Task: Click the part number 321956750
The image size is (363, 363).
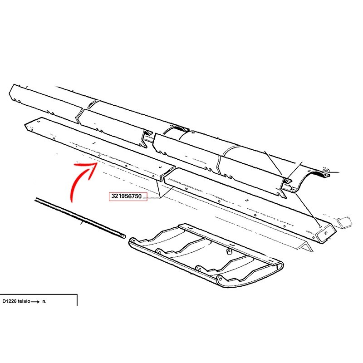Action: pos(127,196)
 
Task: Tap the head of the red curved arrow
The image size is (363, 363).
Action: pos(94,166)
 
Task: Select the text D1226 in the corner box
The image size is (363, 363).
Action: pos(10,301)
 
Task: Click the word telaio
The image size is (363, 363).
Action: pos(24,301)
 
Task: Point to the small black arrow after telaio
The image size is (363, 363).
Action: pos(35,302)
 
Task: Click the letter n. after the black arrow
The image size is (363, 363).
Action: pos(44,301)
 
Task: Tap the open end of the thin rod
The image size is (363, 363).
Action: pos(124,236)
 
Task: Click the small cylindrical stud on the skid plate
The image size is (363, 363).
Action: pos(229,251)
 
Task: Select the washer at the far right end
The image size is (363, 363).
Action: pos(326,171)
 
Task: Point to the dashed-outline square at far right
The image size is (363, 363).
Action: pos(345,221)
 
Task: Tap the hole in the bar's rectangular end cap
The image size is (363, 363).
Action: pos(326,233)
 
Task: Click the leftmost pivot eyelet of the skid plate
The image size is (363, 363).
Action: pos(133,241)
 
